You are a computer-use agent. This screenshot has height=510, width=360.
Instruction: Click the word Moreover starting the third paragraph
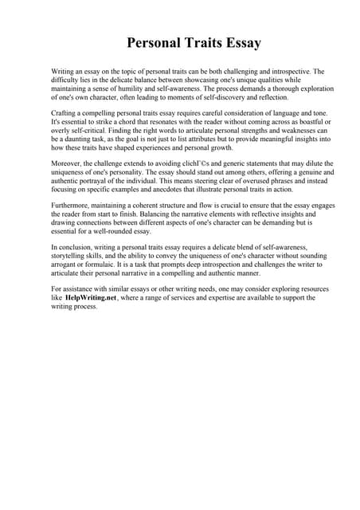click(67, 163)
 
